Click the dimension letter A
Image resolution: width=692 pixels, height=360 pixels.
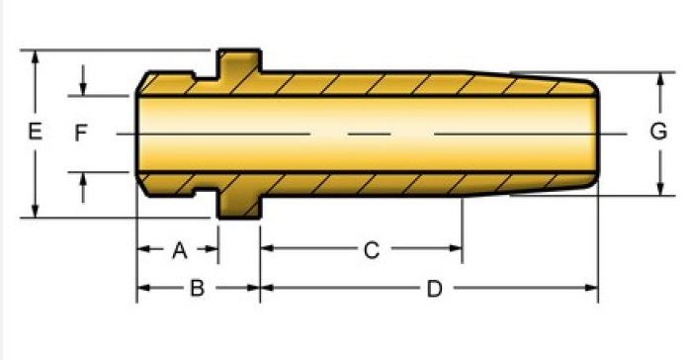[180, 250]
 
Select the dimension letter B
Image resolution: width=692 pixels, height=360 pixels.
[198, 289]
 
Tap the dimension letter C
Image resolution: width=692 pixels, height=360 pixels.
[372, 250]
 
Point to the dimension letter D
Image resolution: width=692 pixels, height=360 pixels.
[435, 289]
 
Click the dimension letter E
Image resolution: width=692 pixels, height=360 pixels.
[36, 132]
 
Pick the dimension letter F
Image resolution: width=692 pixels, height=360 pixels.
[81, 133]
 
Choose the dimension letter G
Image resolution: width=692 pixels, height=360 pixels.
[658, 132]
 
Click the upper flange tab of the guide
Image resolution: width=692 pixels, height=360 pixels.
[239, 61]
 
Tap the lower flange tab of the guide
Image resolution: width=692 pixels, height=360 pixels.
[239, 207]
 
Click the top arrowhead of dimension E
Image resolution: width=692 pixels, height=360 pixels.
[36, 57]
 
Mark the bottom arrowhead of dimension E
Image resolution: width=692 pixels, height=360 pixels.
[36, 211]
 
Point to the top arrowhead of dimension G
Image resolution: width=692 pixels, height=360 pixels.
[660, 79]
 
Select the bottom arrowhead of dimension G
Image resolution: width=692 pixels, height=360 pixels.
[660, 188]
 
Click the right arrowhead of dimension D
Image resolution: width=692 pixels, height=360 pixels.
[591, 288]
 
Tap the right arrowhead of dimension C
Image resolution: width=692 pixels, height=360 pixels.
[456, 248]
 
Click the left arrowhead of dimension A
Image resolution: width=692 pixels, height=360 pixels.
[144, 249]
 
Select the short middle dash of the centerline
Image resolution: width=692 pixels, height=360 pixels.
[370, 134]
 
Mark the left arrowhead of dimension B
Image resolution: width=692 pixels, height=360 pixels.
[144, 288]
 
